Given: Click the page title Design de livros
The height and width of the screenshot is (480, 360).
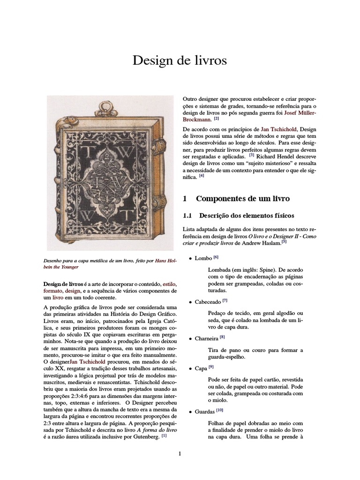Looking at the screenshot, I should [x=180, y=60].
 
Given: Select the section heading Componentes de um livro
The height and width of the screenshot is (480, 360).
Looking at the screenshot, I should [x=243, y=198].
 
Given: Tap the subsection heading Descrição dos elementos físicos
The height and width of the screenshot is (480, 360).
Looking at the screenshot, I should [x=247, y=216].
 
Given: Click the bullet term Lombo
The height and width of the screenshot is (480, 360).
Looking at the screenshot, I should [x=203, y=258].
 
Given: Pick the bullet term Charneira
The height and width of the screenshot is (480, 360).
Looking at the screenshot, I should [x=207, y=337].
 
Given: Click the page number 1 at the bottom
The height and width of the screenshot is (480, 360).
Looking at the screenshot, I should [x=180, y=453].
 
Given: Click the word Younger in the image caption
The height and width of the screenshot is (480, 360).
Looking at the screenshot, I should [x=67, y=267].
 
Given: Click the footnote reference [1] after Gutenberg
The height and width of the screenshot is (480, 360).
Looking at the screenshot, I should [x=164, y=435].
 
